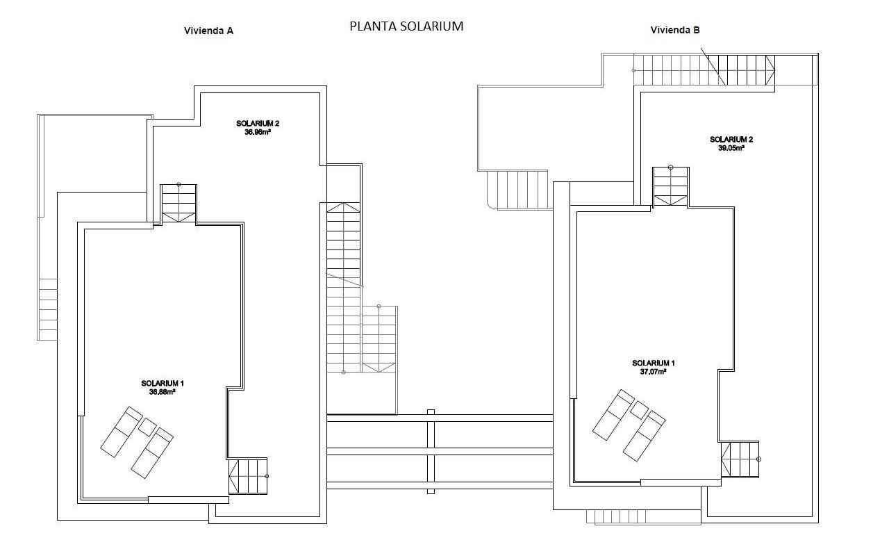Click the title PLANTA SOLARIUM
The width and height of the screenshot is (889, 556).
pos(406,26)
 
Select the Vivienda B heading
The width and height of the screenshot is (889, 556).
pos(674,30)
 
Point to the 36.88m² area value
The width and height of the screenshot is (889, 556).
pos(162,391)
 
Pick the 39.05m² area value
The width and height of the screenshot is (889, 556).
pos(731,147)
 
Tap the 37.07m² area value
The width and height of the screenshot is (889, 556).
pos(653,372)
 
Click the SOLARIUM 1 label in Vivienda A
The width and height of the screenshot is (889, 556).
pos(162,383)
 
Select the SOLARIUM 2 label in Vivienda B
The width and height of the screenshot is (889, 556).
pos(731,139)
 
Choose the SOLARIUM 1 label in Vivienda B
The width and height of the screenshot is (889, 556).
pos(653,363)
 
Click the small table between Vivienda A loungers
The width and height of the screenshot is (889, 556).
pos(147,426)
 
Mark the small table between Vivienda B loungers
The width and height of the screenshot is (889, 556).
pos(638,409)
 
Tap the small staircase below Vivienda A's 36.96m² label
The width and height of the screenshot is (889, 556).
pos(178,204)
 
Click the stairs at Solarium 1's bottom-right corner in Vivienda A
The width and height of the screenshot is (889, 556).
pos(248,476)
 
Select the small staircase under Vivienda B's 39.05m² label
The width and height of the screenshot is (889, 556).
pos(670,186)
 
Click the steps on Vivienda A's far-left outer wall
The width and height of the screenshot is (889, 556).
pos(47,309)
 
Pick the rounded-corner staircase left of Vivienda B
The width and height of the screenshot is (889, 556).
pos(518,190)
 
